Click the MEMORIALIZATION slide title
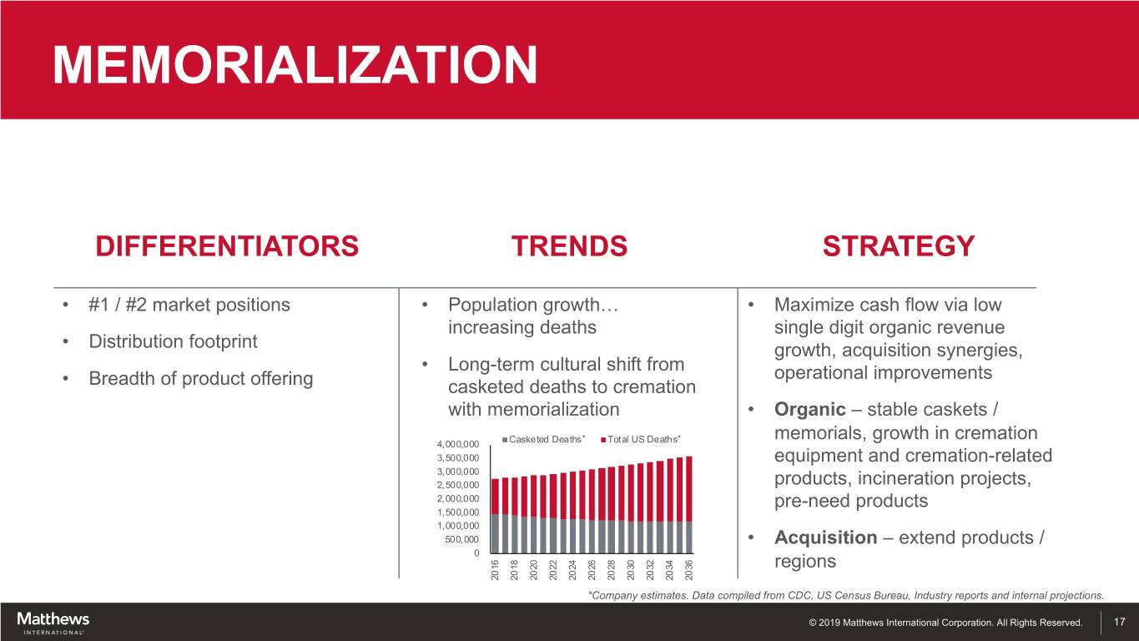295,64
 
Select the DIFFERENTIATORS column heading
227,246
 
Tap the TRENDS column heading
569,246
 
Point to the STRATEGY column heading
899,246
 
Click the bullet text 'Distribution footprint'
173,341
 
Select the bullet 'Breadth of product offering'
201,378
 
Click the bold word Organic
809,410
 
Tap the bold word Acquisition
826,538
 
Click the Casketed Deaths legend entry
543,440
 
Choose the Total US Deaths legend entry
641,440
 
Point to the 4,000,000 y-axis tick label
457,445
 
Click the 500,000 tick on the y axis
461,539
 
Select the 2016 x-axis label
495,570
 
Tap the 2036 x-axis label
689,570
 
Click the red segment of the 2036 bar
689,489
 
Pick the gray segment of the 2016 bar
495,533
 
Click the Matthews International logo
53,623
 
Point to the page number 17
1119,622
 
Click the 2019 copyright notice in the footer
945,623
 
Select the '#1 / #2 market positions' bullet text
189,305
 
